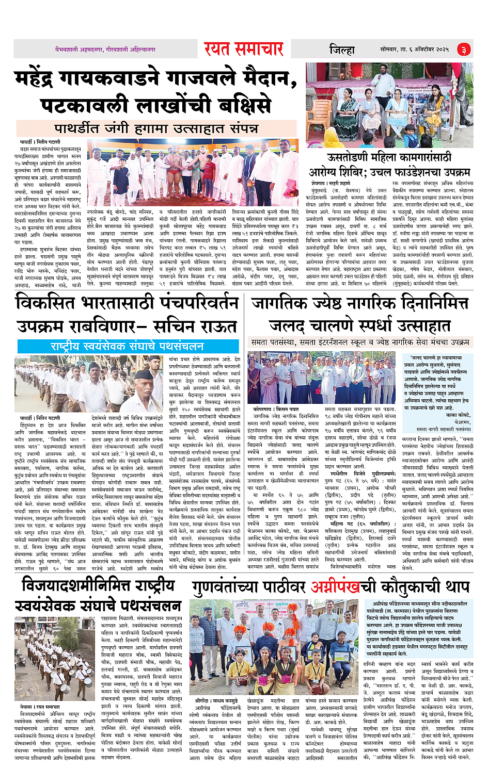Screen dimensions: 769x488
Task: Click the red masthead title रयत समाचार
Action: (243, 49)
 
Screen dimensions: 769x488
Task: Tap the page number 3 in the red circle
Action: (463, 50)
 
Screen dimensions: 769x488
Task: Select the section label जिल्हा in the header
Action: (342, 50)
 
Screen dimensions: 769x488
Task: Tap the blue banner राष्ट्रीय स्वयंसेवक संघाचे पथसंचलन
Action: (127, 346)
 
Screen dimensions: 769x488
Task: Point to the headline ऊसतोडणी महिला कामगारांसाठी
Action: (389, 157)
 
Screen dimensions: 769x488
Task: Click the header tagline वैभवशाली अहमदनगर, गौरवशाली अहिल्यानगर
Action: (105, 50)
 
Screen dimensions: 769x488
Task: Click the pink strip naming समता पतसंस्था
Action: (360, 342)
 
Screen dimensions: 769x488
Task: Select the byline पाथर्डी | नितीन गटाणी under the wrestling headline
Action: (40, 142)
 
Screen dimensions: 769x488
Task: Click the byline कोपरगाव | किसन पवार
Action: (272, 408)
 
